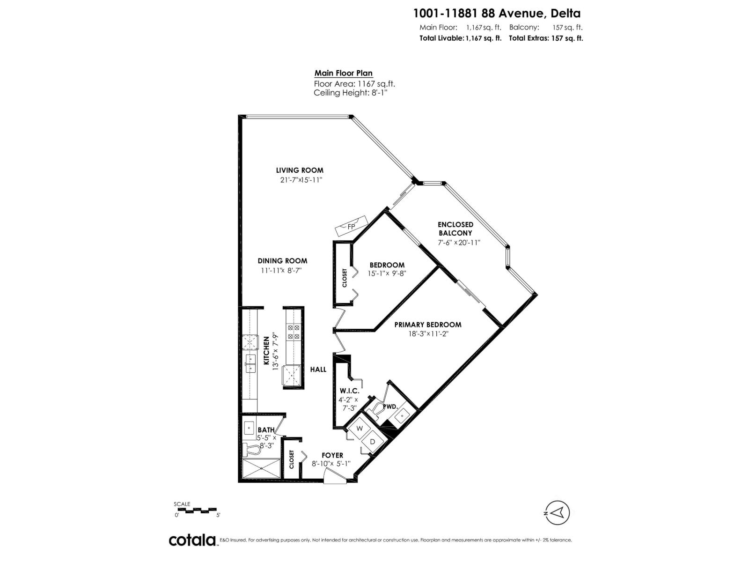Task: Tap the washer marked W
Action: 360,428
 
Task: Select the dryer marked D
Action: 373,442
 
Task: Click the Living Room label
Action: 300,170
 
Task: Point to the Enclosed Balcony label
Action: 455,229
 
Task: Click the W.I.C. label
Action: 348,391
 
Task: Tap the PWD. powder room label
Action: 390,407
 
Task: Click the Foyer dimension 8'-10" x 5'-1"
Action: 331,464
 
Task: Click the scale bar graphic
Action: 195,510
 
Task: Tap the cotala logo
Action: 192,540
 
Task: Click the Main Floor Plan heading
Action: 343,73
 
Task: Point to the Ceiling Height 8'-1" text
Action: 351,93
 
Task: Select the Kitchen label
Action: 266,350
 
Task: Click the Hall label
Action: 318,370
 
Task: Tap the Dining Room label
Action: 282,261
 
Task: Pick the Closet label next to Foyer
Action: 292,459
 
